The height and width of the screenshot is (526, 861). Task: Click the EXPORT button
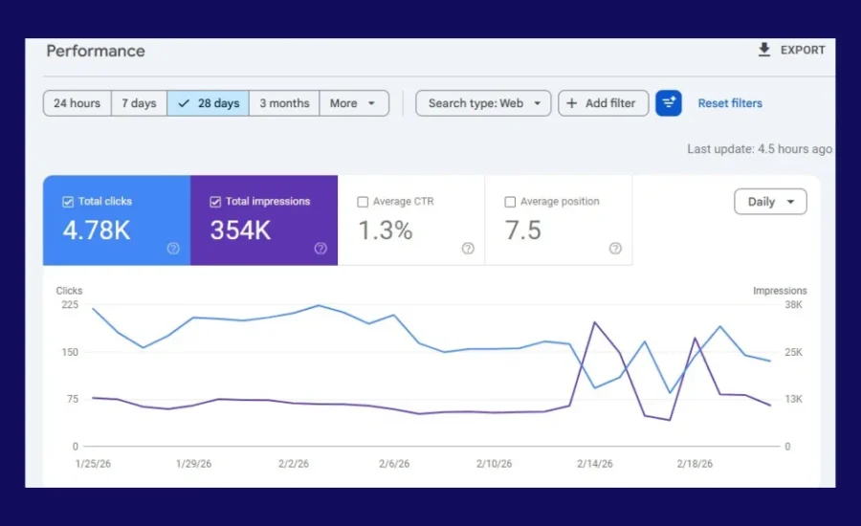791,51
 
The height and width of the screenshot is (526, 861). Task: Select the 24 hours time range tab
77,103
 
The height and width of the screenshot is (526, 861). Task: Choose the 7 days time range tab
139,103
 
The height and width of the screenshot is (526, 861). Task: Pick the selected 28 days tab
209,103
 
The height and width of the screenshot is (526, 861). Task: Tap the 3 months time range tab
284,103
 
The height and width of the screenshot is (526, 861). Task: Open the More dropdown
352,103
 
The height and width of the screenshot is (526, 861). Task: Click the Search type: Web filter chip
483,103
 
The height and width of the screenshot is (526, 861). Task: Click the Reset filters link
730,103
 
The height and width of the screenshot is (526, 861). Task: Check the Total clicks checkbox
68,202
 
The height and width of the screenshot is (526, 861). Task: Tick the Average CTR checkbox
363,202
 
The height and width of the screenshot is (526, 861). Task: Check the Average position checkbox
510,202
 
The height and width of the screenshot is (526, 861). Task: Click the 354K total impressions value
240,230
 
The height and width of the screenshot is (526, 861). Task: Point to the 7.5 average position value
522,230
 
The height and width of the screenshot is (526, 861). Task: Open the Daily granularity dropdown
770,202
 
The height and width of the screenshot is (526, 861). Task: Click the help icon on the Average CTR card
468,249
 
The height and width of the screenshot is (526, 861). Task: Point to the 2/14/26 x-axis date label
596,464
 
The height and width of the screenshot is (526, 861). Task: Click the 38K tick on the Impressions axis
793,305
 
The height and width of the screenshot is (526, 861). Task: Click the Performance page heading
96,51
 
